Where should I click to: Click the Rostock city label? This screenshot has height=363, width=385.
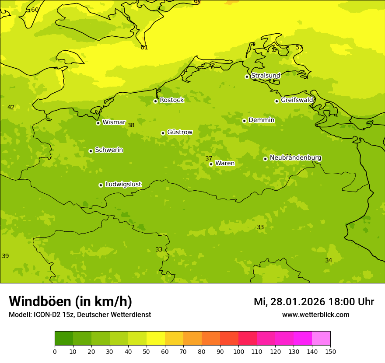coord(171,100)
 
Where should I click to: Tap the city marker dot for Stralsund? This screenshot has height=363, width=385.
coord(247,77)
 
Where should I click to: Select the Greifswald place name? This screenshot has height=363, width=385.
coord(297,100)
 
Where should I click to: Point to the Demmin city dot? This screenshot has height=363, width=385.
coord(244,121)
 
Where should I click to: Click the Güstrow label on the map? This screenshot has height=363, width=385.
coord(179,132)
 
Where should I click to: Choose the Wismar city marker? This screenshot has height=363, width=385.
coord(98,123)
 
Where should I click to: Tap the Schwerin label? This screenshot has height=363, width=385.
coord(108,150)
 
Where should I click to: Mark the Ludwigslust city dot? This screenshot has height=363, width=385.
coord(101,185)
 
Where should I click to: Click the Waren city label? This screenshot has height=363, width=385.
coord(224,164)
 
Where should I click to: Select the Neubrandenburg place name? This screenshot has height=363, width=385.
coord(295,158)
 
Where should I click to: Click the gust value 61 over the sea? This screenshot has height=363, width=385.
coord(144,47)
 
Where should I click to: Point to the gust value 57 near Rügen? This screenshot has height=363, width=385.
coord(299,47)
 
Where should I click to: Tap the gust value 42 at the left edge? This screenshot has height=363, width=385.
coord(11,107)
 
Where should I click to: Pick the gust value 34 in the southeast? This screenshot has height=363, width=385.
coord(329,260)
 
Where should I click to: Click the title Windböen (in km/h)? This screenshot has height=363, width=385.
coord(70,301)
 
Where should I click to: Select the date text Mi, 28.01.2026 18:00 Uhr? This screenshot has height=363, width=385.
coord(314,302)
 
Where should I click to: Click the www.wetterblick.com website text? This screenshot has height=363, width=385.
coord(315,315)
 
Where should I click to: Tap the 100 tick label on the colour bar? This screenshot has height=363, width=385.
coord(238,351)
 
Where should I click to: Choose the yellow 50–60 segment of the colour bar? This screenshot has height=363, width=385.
coord(156,339)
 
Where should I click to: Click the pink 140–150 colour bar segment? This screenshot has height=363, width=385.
coord(321,339)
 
